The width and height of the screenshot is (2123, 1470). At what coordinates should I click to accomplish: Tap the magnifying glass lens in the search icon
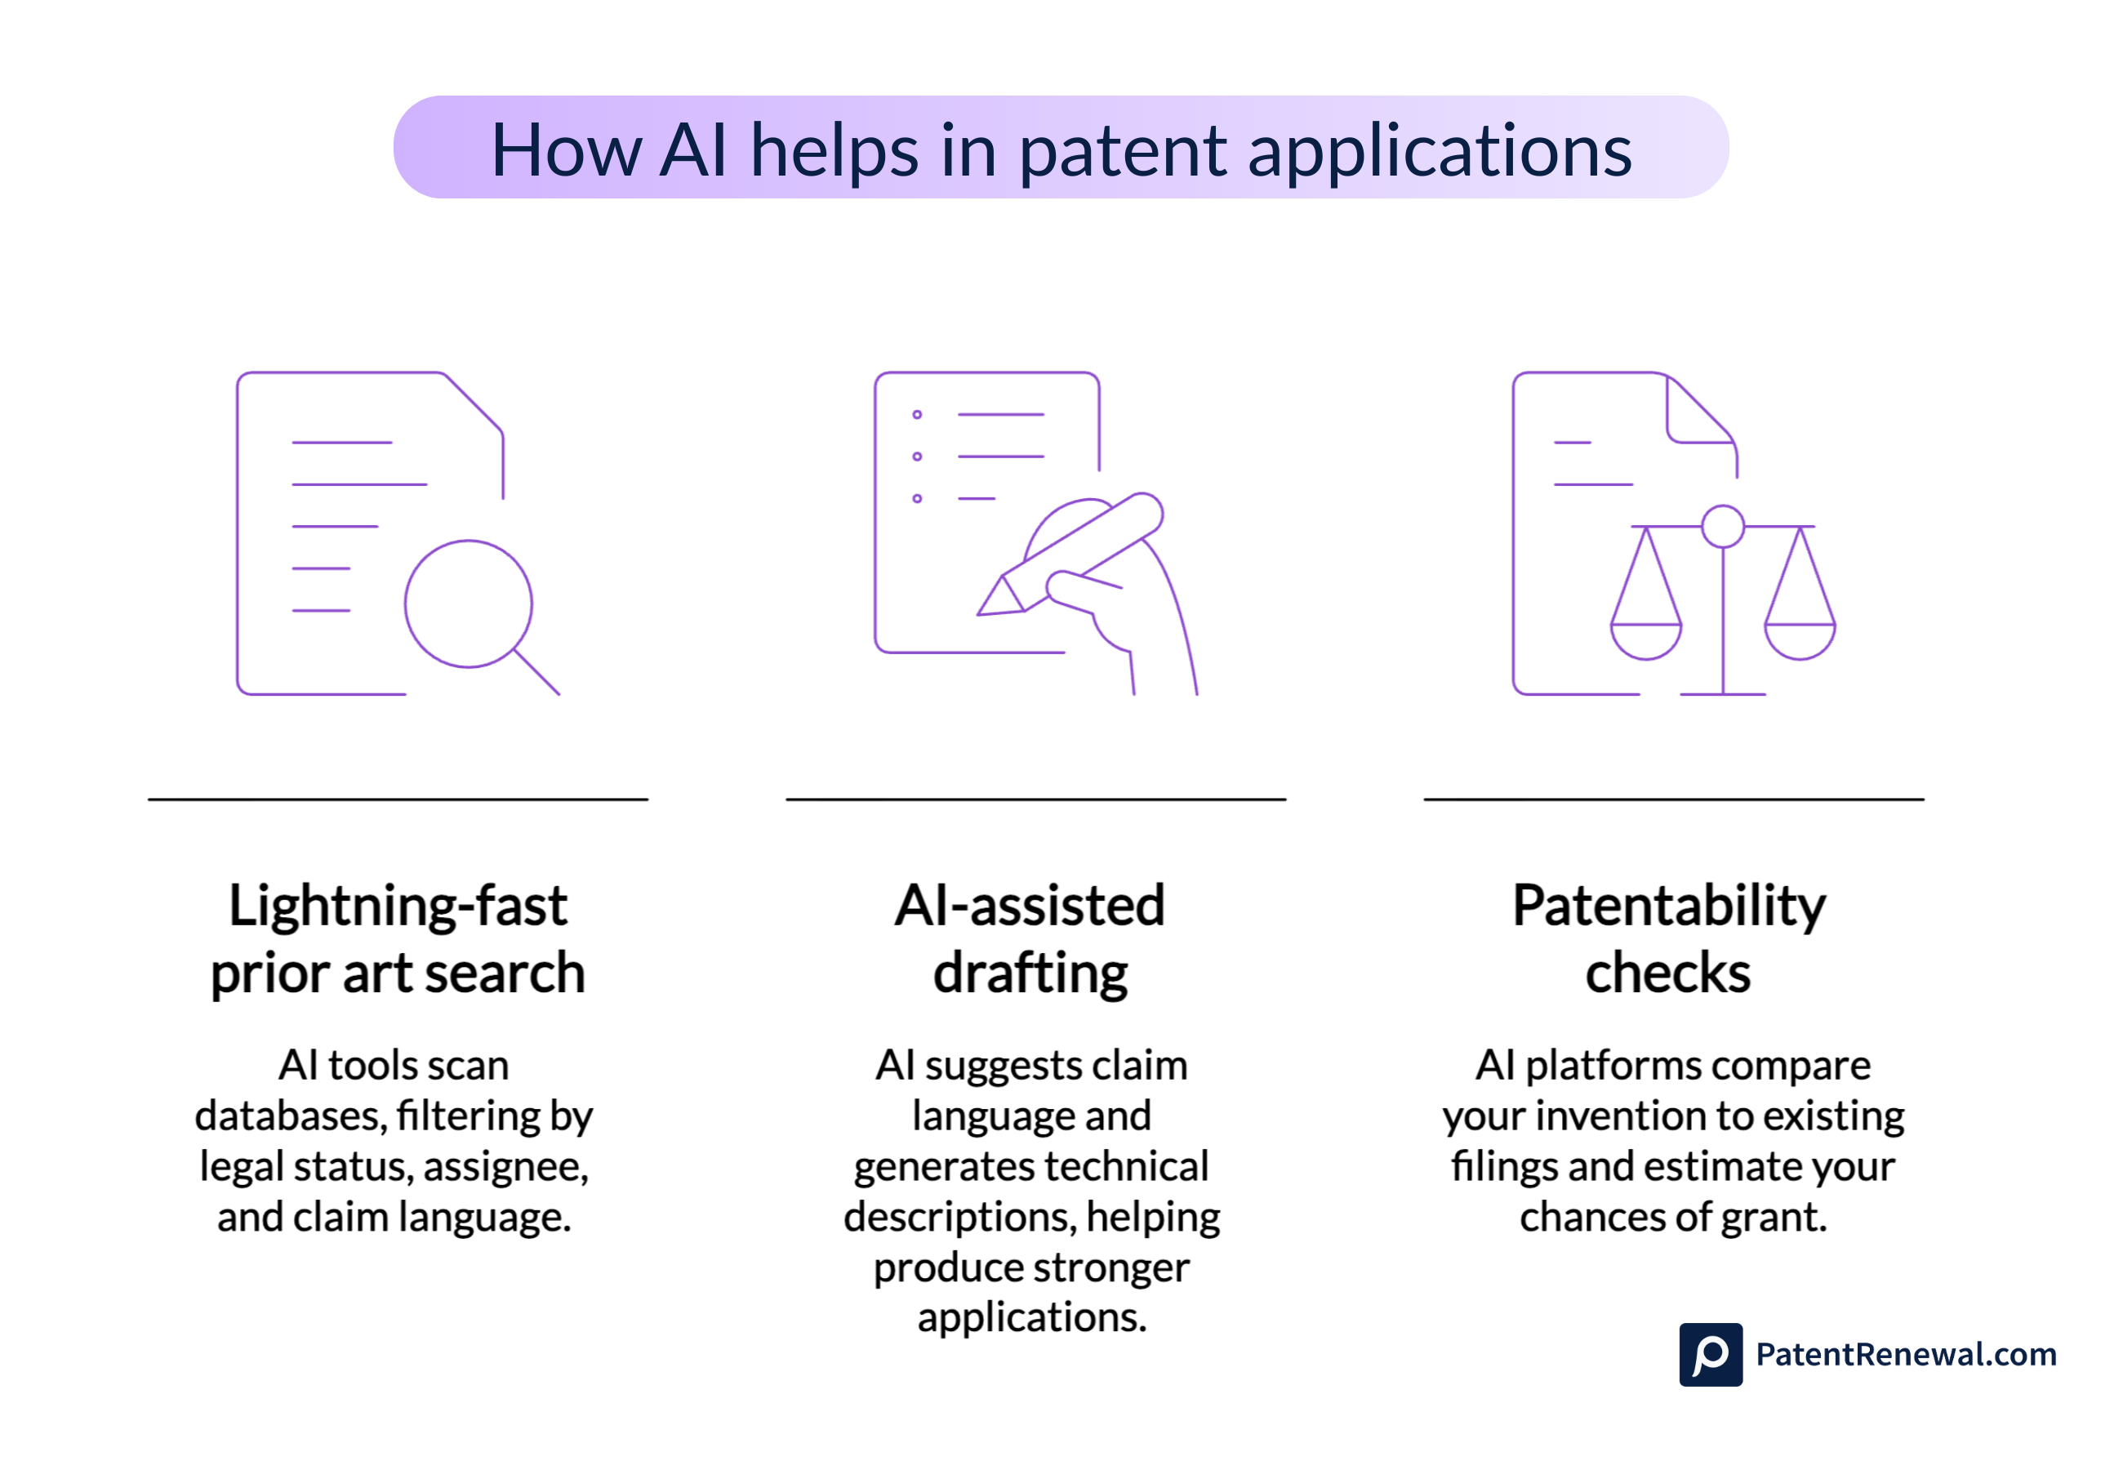(468, 604)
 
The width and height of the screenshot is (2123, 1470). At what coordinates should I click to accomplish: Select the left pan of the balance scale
(1645, 639)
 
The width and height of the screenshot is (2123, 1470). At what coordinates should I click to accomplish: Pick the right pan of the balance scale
(1799, 639)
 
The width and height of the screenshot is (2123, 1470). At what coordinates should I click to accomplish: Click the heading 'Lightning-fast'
(397, 906)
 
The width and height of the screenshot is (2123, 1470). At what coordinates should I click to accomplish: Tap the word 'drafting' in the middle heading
(1030, 973)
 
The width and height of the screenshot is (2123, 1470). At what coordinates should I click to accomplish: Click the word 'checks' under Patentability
(1667, 973)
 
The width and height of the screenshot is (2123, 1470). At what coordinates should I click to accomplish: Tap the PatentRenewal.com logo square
(1710, 1354)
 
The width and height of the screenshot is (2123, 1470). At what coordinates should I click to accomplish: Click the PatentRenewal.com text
(1905, 1354)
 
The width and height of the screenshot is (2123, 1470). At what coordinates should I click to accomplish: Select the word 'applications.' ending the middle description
(1031, 1317)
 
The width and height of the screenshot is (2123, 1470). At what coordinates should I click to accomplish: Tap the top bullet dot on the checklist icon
(916, 415)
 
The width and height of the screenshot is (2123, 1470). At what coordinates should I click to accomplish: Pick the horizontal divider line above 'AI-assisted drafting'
(1035, 799)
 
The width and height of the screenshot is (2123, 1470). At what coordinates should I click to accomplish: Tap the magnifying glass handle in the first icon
(536, 672)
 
